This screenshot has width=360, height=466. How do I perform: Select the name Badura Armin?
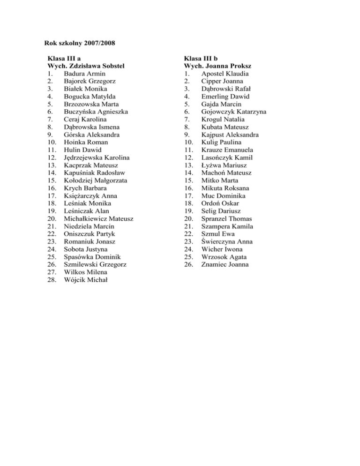[85, 74]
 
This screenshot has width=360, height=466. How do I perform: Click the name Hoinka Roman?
[86, 142]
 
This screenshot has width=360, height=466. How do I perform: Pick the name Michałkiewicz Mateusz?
[99, 218]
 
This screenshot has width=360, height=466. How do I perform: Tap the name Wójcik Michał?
[85, 279]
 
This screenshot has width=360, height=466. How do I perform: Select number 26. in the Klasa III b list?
[189, 264]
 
